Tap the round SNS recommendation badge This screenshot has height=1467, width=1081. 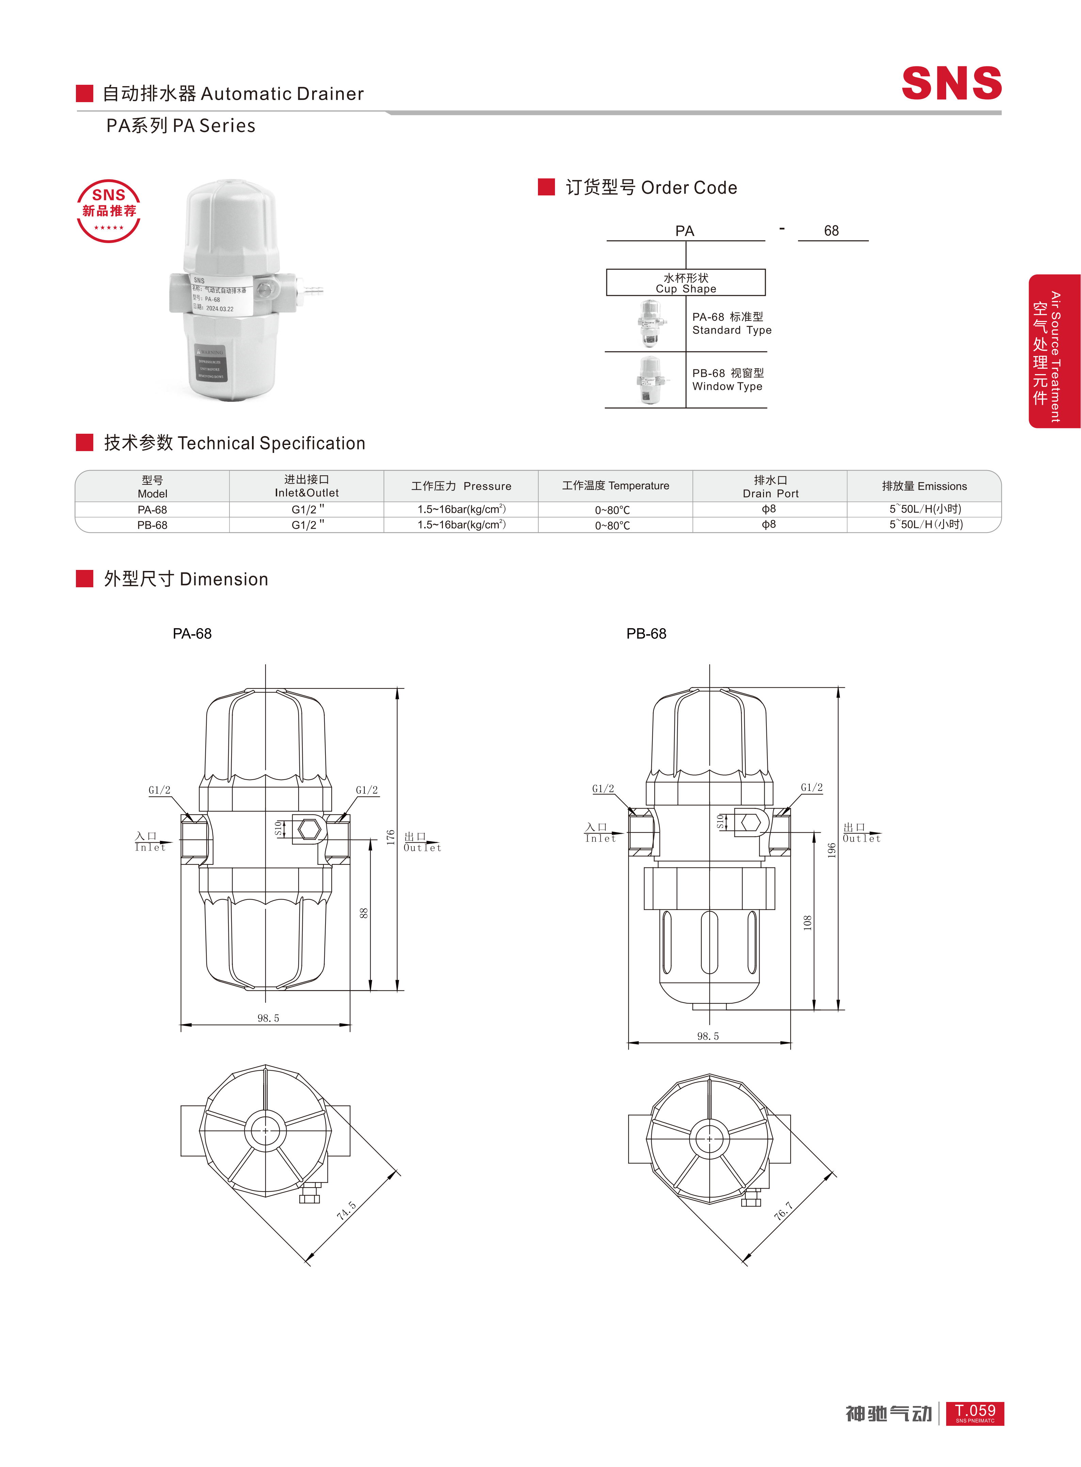(109, 211)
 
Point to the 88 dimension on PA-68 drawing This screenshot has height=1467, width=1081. (364, 913)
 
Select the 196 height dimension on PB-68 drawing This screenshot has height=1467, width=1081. (831, 850)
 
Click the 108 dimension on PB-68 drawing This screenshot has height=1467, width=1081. (808, 923)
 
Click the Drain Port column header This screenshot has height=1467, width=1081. (770, 486)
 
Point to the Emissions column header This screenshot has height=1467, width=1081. (924, 486)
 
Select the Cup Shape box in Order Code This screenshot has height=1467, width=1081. (686, 283)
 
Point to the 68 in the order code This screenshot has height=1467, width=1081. (831, 231)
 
